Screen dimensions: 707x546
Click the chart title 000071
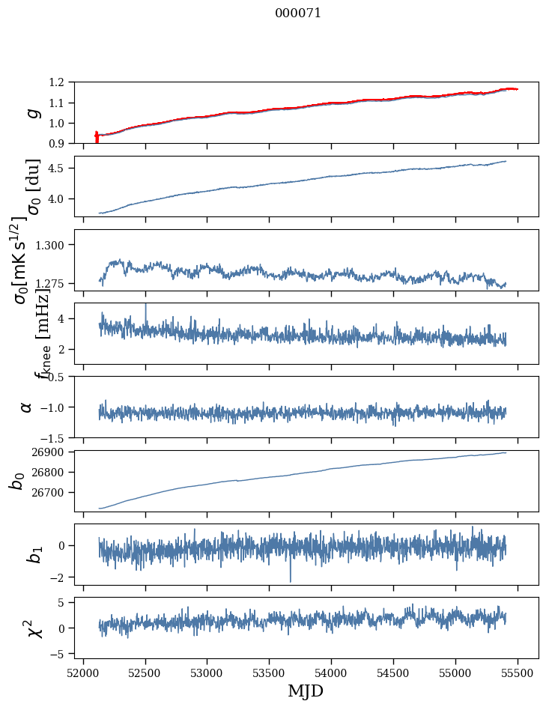298,13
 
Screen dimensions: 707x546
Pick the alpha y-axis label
27,407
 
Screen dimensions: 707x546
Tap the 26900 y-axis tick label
50,452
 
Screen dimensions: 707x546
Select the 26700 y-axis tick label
50,493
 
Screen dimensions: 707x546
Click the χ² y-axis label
31,628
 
